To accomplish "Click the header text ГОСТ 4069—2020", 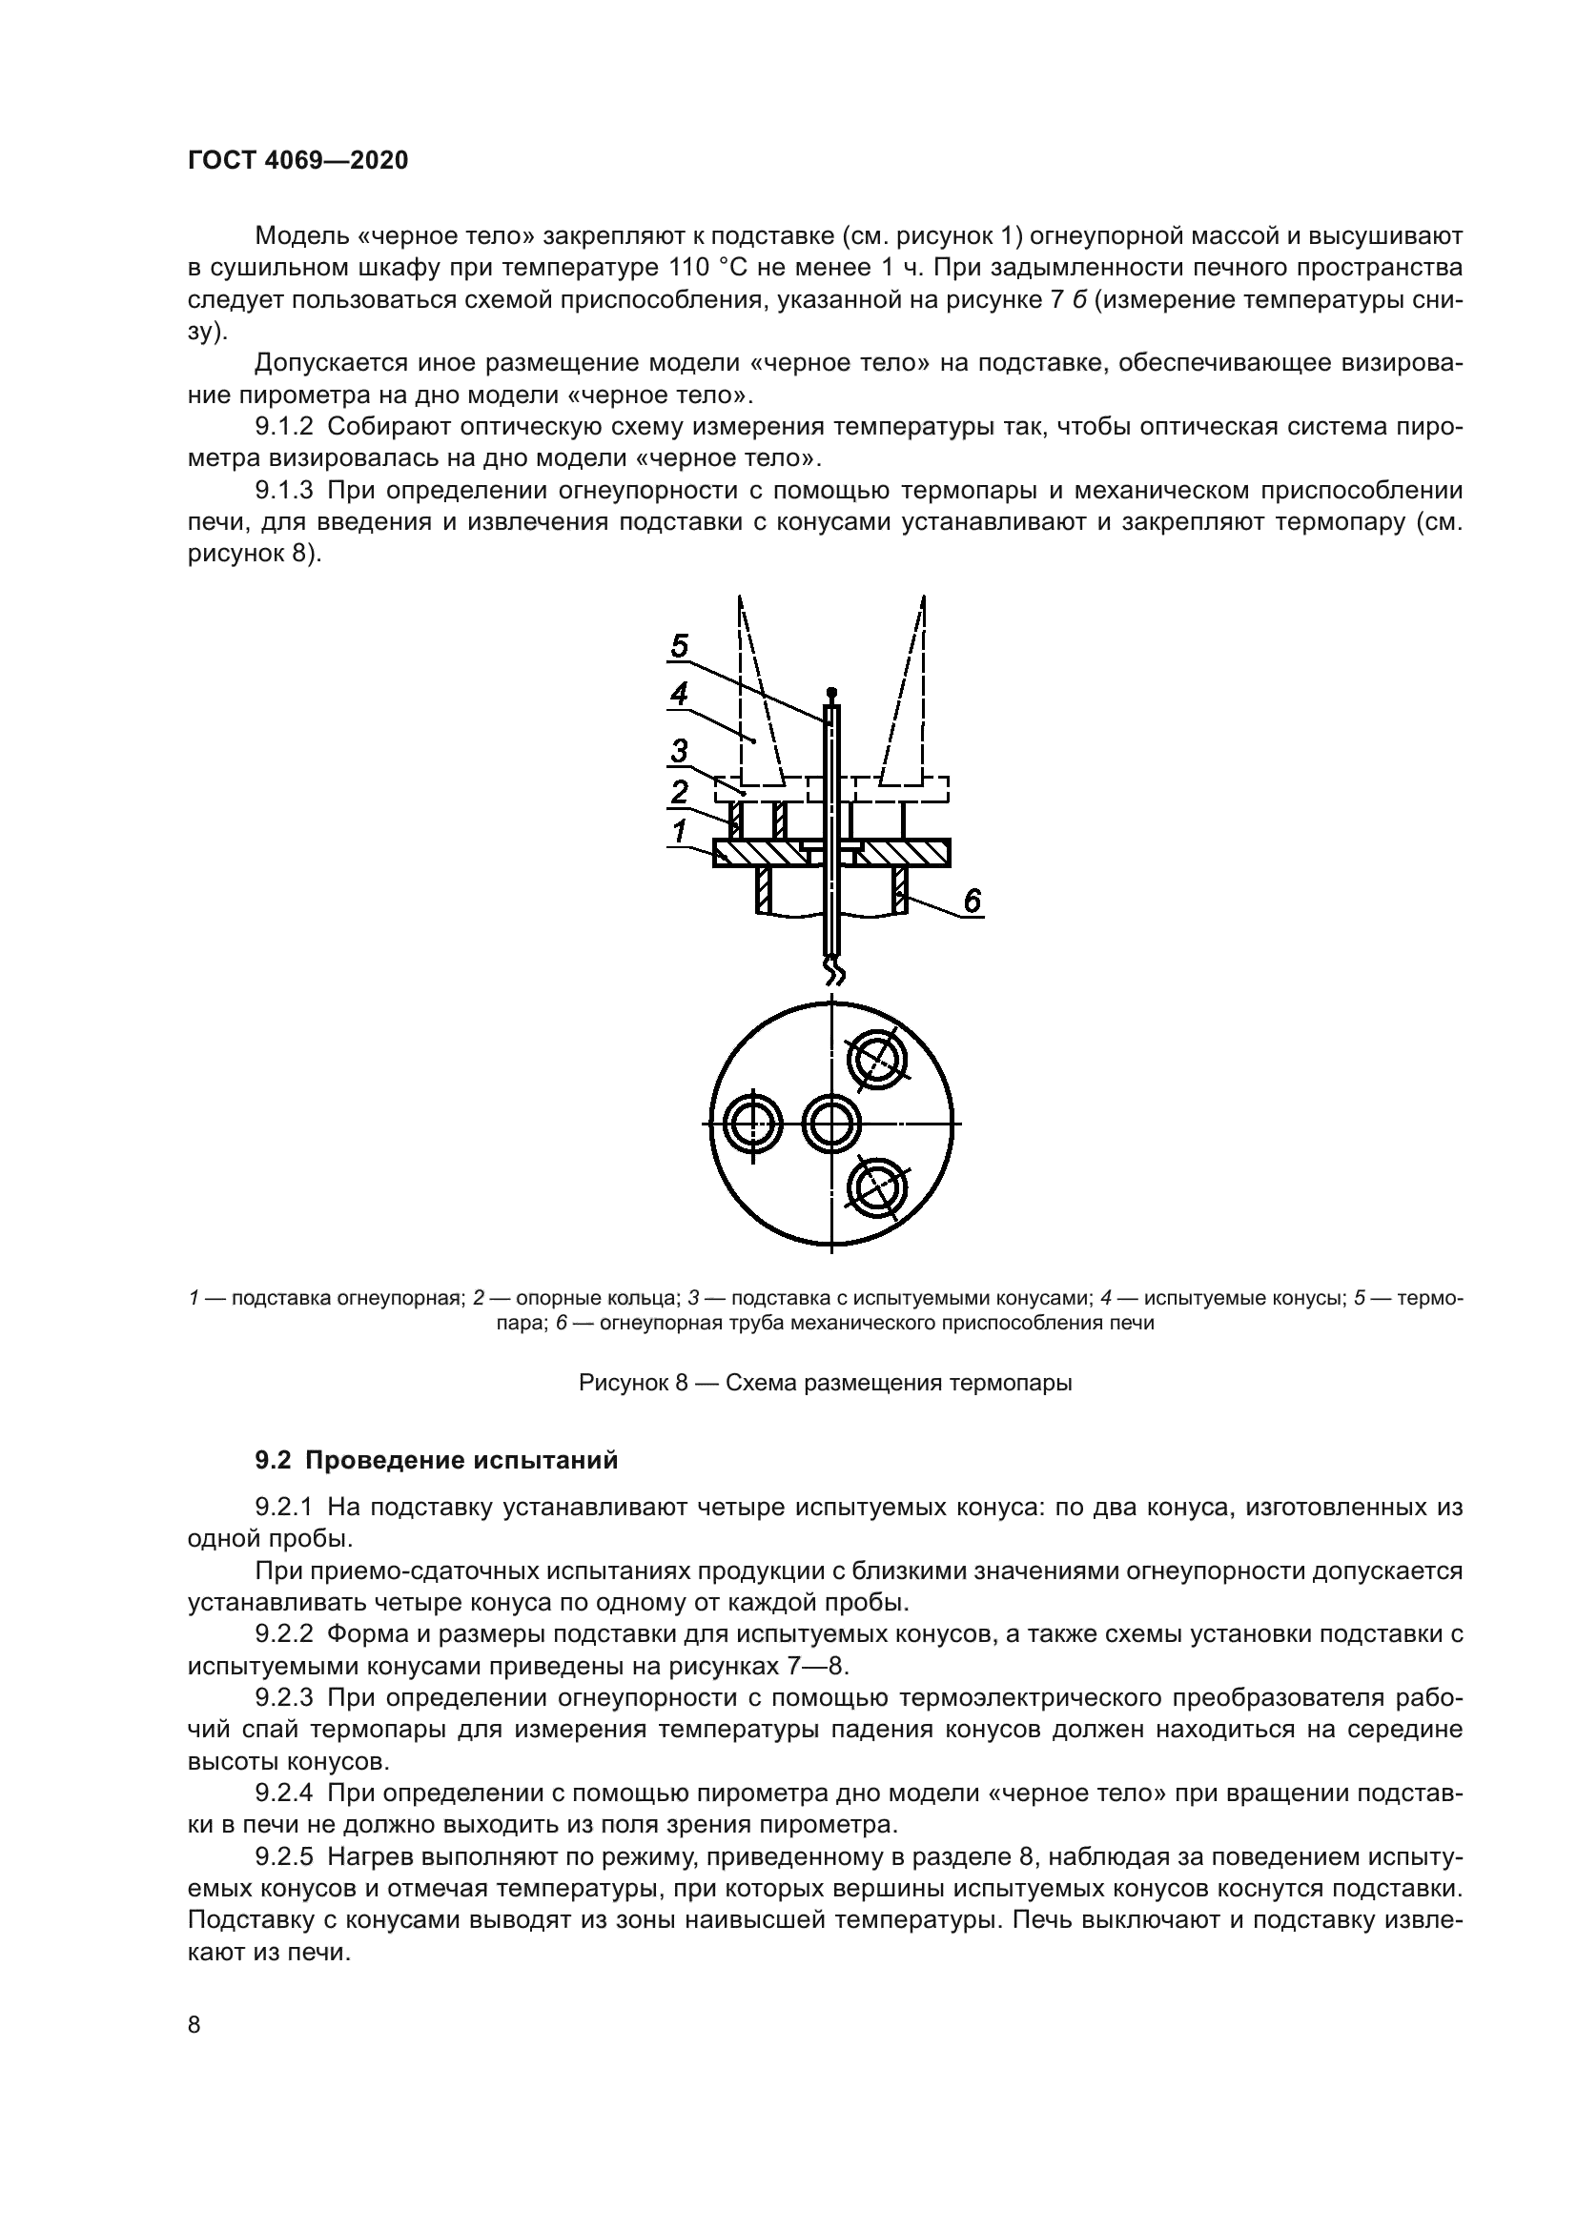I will click(x=297, y=161).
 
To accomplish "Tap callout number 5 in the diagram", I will click(x=680, y=645).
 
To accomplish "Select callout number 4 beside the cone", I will click(x=679, y=694).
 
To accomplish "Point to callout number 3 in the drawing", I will click(x=679, y=750).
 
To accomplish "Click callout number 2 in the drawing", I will click(x=679, y=791).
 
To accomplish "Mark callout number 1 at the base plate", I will click(x=679, y=832).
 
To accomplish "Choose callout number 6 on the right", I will click(x=972, y=901).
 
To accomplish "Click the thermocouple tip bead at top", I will click(x=831, y=691).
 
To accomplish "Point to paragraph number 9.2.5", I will click(x=284, y=1857).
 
